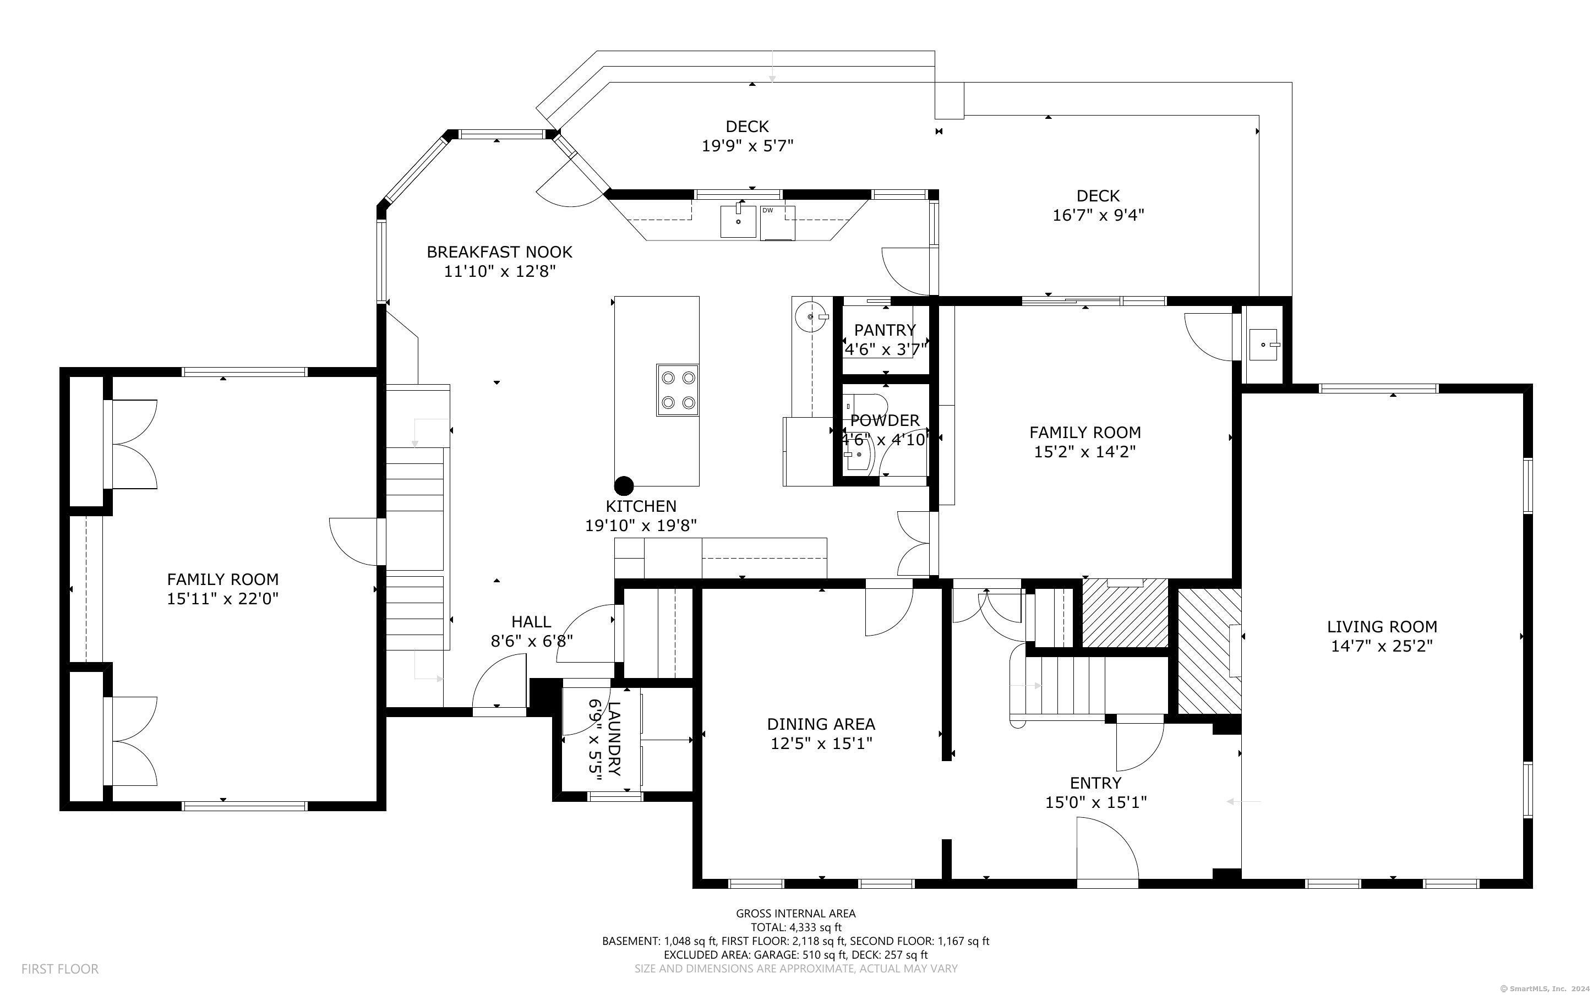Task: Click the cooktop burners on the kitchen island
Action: point(677,390)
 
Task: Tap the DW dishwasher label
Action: point(767,211)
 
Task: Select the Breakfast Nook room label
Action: point(499,252)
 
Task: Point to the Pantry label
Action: point(885,330)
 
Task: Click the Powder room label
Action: point(885,420)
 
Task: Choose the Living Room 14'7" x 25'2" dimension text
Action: point(1382,646)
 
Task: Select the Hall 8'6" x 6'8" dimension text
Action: point(532,640)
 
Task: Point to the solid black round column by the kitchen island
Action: point(624,486)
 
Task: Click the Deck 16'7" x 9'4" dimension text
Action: point(1098,215)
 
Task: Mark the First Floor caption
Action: point(60,969)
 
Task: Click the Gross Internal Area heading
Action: point(795,914)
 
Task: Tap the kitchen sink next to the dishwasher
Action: point(738,221)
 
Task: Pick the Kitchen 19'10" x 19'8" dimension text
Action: point(641,526)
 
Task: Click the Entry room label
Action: point(1095,783)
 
